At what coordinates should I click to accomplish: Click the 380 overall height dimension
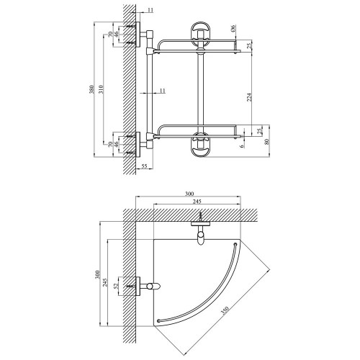coord(91,89)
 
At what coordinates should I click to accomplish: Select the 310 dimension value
coord(101,89)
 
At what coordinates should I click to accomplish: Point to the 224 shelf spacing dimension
coord(250,97)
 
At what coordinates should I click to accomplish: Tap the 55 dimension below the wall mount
coord(144,166)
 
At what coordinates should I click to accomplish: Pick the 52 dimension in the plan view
coord(116,286)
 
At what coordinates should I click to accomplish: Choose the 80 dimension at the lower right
coord(266,141)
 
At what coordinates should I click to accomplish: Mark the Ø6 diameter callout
coord(233,28)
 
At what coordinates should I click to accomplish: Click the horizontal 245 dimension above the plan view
coord(197,202)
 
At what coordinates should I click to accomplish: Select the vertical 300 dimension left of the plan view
coord(97,274)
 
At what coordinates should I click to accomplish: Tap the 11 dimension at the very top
coord(150,10)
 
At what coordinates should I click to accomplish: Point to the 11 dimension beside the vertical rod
coord(163,91)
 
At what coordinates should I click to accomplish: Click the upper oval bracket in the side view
coord(200,35)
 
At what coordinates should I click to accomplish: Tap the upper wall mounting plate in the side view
coord(138,35)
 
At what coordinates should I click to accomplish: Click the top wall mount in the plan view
coord(200,224)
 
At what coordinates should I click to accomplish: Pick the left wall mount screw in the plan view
coord(131,287)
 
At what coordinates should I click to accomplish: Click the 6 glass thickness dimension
coord(242,145)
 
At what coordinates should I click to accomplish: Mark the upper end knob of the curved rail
coord(235,244)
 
